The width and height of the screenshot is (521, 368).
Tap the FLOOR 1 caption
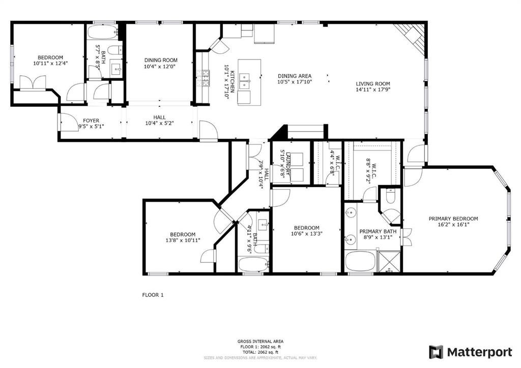point(152,295)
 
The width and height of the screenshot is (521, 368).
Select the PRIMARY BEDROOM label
point(453,219)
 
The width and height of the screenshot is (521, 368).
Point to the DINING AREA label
point(294,76)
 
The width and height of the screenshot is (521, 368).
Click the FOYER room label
point(91,121)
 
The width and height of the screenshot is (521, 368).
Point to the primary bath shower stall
point(390,261)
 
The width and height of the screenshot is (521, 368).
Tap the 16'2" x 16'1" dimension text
point(453,226)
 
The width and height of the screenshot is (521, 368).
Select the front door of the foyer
point(60,122)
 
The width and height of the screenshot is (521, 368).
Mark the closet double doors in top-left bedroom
point(33,82)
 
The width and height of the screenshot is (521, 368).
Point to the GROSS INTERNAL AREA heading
point(260,341)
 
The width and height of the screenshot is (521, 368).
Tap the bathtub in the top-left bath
point(102,33)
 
